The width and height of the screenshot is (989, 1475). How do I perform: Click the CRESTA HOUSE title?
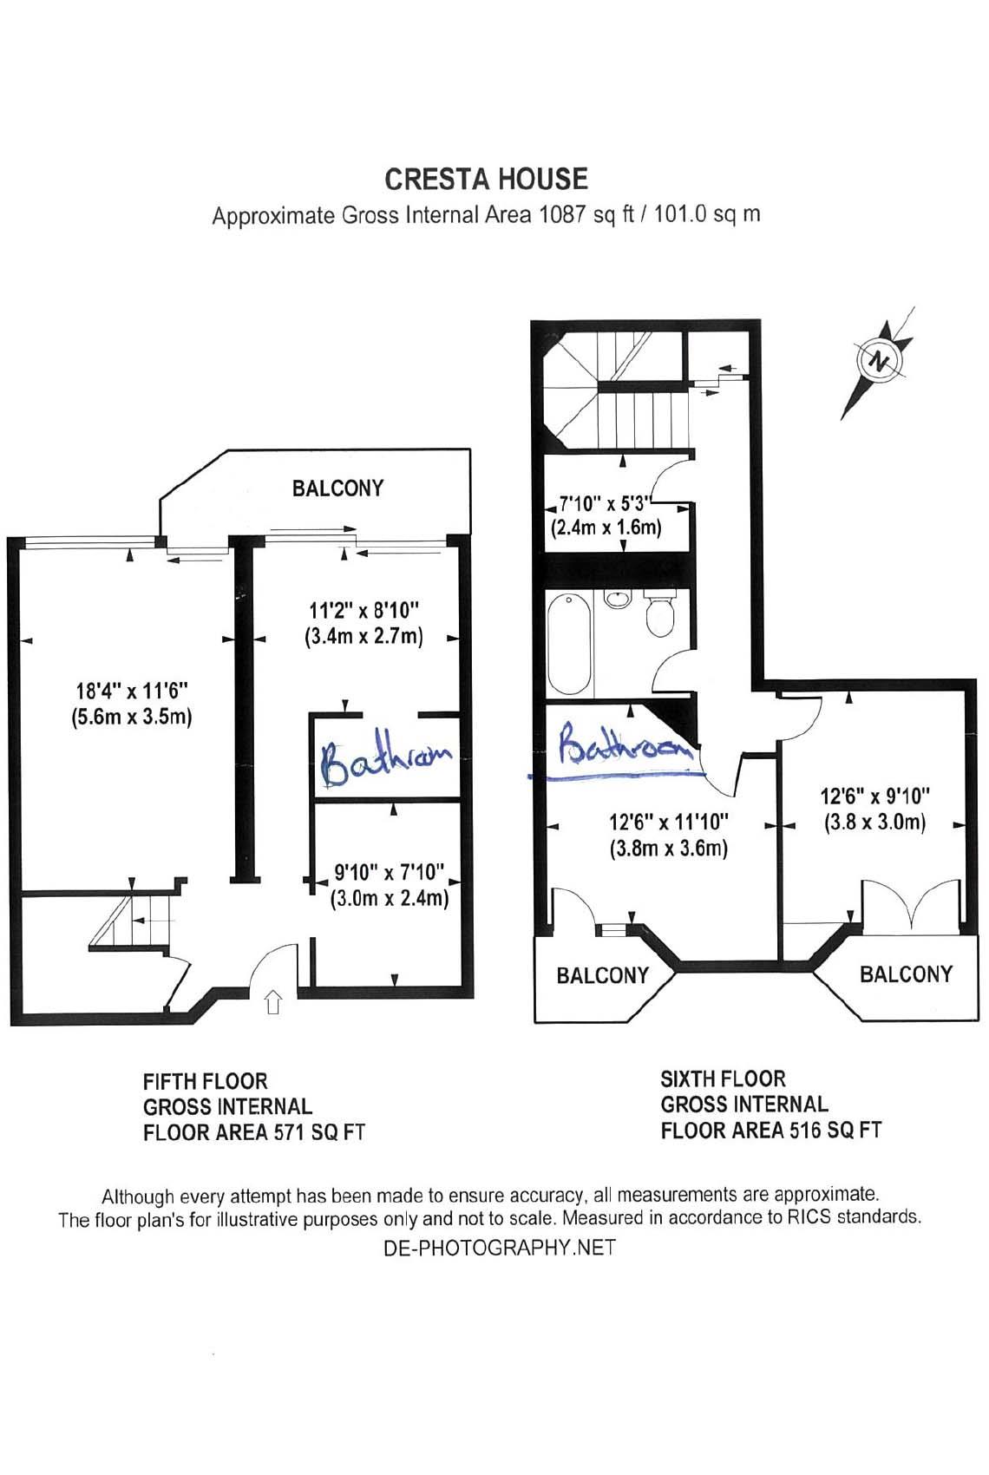pos(486,179)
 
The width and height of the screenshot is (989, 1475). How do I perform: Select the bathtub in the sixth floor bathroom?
pos(569,645)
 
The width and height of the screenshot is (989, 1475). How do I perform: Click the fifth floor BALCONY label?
pos(337,488)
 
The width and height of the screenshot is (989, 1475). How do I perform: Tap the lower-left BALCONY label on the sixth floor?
pos(602,975)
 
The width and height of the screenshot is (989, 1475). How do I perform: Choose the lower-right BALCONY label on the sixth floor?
pos(906,973)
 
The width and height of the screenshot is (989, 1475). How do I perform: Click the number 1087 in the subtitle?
pos(562,214)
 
